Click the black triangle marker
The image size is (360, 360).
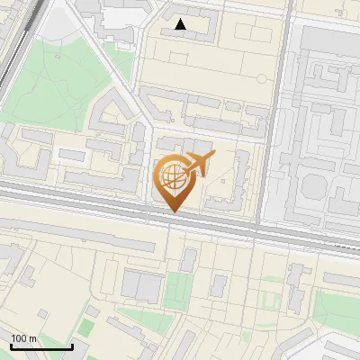click(x=181, y=25)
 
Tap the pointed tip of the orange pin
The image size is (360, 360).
click(x=174, y=211)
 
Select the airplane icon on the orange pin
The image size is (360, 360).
click(x=198, y=164)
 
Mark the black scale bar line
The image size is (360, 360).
click(x=41, y=347)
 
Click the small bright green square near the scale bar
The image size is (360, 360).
click(x=89, y=312)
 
